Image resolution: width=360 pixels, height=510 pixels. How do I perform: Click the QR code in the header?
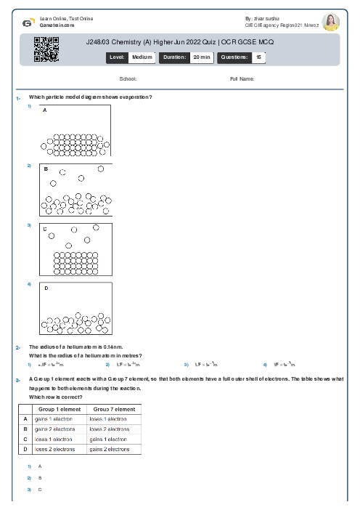click(x=46, y=49)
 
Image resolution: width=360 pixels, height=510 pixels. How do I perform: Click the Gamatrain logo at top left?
click(x=28, y=22)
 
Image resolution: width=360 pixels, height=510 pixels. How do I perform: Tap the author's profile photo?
click(x=330, y=22)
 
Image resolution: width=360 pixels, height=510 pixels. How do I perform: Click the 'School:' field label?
click(x=127, y=78)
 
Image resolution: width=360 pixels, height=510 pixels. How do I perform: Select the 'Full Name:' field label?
click(x=242, y=78)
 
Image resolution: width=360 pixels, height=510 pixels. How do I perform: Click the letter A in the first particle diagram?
click(x=45, y=110)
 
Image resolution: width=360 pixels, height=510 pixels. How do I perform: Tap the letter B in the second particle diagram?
click(x=46, y=169)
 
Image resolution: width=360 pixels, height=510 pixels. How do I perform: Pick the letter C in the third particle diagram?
click(x=45, y=229)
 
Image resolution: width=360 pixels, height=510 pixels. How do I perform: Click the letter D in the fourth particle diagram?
click(x=46, y=288)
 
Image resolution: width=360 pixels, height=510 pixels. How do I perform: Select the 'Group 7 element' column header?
click(x=114, y=410)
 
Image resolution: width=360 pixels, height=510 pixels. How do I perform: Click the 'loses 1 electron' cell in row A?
click(x=107, y=419)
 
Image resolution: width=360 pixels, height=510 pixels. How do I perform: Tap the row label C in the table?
click(x=25, y=440)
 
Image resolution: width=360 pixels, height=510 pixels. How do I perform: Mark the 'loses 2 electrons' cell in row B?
click(x=110, y=429)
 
